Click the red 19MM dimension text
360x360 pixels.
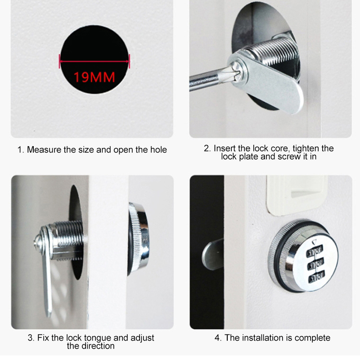(94, 77)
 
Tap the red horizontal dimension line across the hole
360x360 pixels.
(94, 61)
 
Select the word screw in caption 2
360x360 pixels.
(289, 157)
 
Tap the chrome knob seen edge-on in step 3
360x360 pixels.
(138, 239)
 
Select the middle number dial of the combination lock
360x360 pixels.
(316, 264)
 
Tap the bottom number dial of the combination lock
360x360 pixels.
(317, 277)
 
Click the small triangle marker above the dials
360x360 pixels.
(314, 242)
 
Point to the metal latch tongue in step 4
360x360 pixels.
(213, 254)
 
